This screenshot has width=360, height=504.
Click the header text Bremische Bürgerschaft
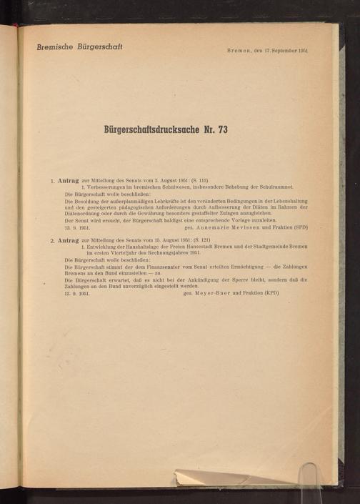pyautogui.click(x=80, y=46)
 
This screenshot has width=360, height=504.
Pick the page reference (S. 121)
pyautogui.click(x=188, y=240)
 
